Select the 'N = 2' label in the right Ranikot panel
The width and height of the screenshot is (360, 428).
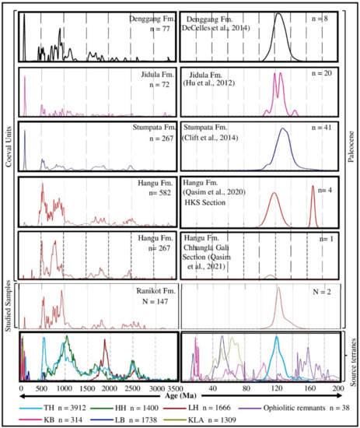tap(321, 293)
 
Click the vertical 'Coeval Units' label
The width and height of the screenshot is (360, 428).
tap(7, 145)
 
